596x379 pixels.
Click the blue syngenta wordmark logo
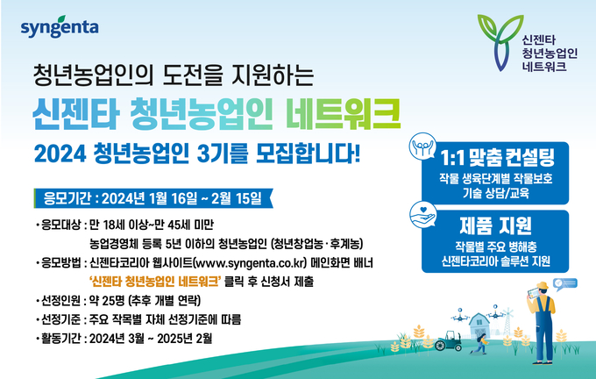[x=60, y=26]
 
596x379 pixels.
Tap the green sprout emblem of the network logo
[x=500, y=43]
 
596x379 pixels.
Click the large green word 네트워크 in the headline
[x=344, y=114]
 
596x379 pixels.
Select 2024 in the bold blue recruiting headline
[x=60, y=154]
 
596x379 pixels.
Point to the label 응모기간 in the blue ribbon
[x=67, y=198]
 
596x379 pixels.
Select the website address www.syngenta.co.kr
[x=250, y=263]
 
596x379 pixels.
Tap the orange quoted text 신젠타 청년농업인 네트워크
[x=155, y=282]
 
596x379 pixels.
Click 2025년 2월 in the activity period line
[x=184, y=339]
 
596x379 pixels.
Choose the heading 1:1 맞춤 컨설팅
[x=497, y=158]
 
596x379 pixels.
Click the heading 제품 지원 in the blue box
[x=495, y=225]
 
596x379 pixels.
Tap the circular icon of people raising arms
[x=422, y=147]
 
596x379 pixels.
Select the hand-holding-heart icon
[x=423, y=215]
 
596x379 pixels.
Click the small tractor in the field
[x=449, y=341]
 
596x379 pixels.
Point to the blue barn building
[x=479, y=325]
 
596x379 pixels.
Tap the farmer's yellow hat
[x=543, y=285]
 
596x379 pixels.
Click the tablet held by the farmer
[x=533, y=293]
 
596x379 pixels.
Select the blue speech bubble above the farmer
[x=564, y=284]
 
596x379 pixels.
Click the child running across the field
[x=480, y=344]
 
